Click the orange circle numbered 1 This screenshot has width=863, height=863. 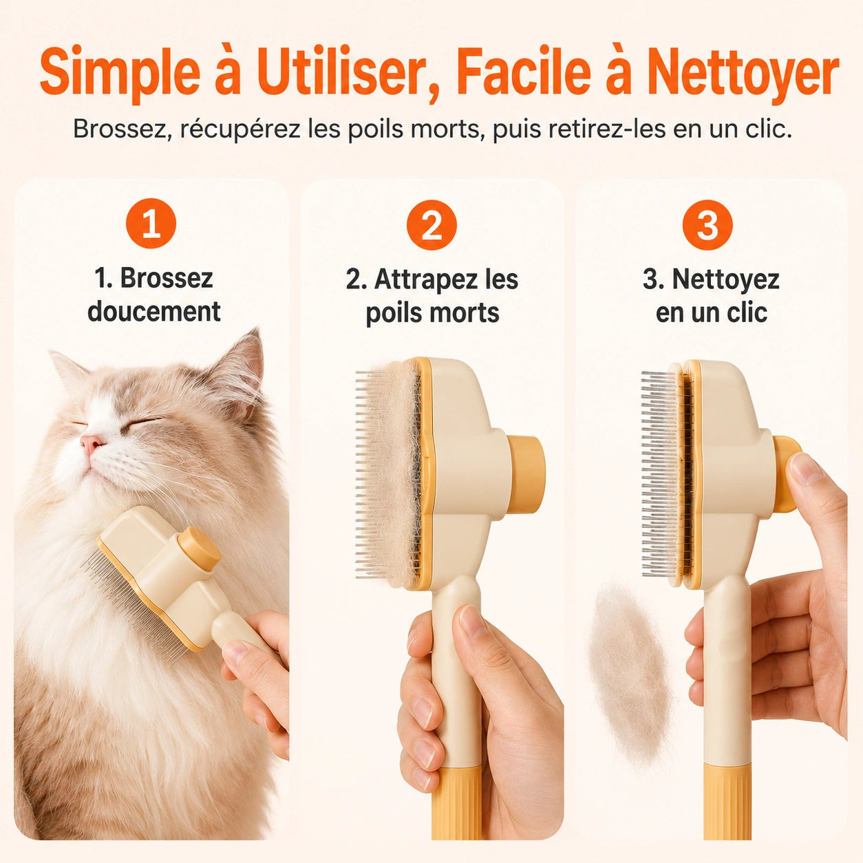[x=151, y=224]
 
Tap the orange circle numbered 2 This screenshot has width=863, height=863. [x=431, y=224]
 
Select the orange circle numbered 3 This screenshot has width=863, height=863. [x=707, y=225]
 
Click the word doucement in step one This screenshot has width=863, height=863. [x=154, y=312]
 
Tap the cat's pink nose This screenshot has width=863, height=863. [x=92, y=443]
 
